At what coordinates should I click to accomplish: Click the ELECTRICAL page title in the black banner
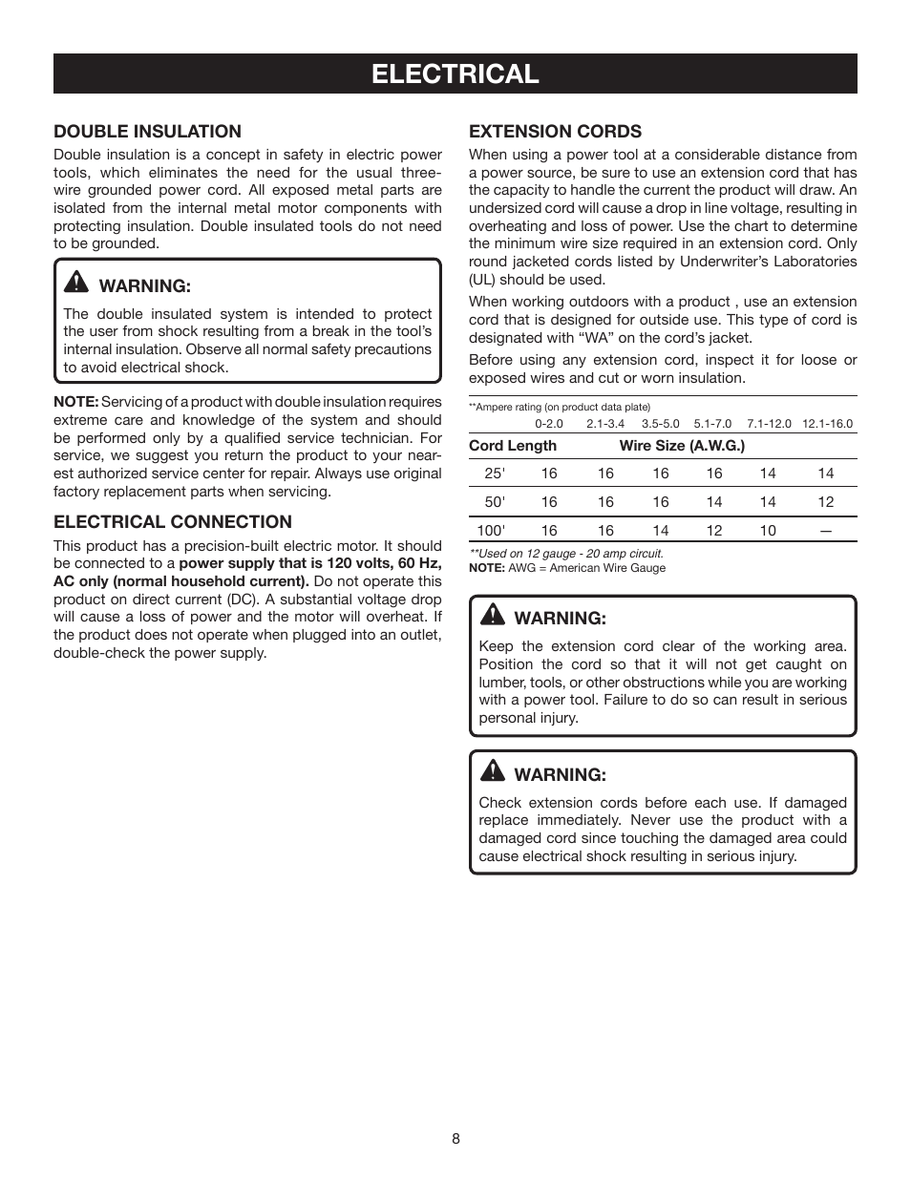pos(455,74)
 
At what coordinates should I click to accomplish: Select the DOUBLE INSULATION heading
pos(147,132)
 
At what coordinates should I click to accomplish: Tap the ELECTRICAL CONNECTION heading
pos(173,522)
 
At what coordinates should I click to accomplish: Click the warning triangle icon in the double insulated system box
pos(75,284)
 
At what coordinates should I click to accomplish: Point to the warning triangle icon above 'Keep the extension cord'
pos(492,616)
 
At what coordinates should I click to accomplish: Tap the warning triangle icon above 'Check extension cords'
pos(492,772)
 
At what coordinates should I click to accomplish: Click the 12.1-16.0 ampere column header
pos(827,424)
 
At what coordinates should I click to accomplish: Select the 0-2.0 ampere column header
pos(549,424)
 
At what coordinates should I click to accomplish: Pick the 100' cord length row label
pos(491,531)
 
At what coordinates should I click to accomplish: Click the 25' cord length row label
pos(495,474)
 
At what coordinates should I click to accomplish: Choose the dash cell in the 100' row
pos(826,531)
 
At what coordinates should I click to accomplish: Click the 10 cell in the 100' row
pos(768,531)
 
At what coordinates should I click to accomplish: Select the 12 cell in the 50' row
pos(826,502)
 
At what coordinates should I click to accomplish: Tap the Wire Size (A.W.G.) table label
pos(682,446)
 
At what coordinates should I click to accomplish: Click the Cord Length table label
pos(513,446)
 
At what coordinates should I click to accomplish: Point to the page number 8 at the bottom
pos(455,1139)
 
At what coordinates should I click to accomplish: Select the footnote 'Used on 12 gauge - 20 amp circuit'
pos(566,554)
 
